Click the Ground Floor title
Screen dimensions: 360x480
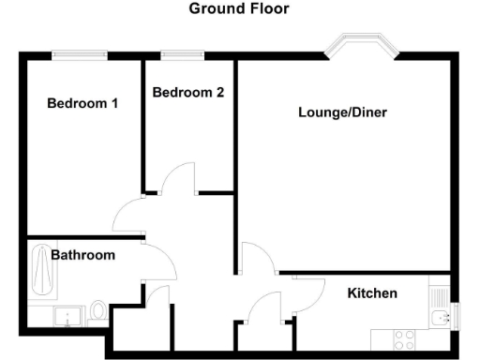[x=239, y=9]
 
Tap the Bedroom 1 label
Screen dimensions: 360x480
[x=82, y=103]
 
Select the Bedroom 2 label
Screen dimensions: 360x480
[x=187, y=93]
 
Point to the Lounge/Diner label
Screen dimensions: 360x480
[x=342, y=112]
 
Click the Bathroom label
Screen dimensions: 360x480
[x=82, y=255]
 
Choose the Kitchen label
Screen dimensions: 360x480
[x=372, y=293]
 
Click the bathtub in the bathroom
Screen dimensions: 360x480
[x=40, y=270]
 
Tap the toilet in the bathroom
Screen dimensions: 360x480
[x=97, y=312]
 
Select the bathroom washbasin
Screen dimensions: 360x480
[x=66, y=316]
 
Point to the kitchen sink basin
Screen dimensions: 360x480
[x=440, y=319]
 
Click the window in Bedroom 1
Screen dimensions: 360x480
[x=78, y=55]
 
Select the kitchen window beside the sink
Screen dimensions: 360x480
[x=456, y=317]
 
